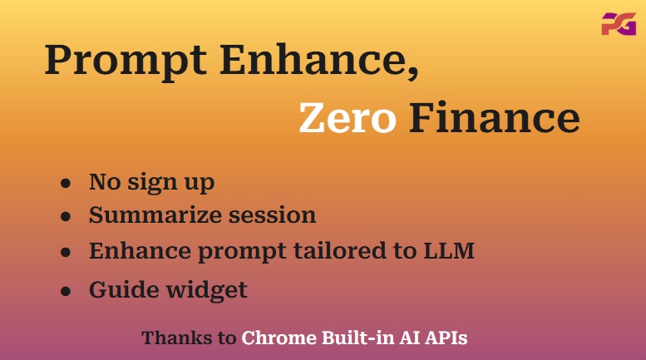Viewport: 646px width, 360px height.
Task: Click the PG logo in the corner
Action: (619, 24)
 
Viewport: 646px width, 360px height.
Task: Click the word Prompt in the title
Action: (126, 60)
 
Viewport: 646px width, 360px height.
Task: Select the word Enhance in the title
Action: (314, 59)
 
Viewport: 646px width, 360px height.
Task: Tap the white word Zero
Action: (348, 117)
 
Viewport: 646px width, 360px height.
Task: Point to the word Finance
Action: (495, 117)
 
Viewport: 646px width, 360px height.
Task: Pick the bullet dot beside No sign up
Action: (66, 183)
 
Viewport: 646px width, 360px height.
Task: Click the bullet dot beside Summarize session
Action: (66, 216)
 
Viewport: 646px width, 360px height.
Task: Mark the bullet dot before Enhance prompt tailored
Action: (66, 252)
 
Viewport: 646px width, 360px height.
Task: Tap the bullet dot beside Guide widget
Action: (66, 291)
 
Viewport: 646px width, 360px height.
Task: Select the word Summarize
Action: (155, 215)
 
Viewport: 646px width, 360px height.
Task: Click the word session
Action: (273, 215)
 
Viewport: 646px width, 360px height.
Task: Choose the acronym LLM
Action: (449, 250)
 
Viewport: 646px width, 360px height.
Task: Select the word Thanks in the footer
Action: (177, 338)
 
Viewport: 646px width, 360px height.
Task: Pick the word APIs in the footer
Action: (446, 338)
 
